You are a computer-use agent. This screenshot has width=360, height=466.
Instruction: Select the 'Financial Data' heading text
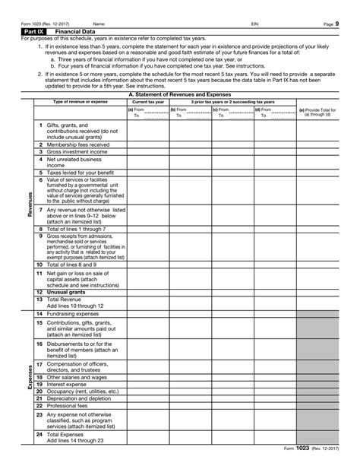tap(68, 31)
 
